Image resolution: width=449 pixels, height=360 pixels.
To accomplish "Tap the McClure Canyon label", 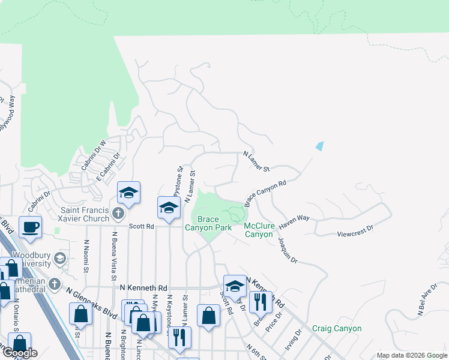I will [259, 230].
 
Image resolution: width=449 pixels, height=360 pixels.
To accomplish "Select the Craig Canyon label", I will [337, 328].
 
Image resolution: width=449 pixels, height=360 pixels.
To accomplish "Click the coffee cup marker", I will [29, 226].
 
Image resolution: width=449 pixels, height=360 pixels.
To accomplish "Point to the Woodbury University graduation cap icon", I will [59, 259].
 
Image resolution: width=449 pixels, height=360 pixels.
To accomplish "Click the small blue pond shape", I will [319, 146].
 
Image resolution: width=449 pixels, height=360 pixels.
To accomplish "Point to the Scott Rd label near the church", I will [142, 226].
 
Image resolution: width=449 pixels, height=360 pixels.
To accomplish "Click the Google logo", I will [20, 353].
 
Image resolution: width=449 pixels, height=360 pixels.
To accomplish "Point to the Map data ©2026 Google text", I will [412, 355].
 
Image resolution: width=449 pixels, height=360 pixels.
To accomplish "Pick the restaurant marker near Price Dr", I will [260, 302].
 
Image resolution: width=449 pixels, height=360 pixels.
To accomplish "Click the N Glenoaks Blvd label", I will [90, 305].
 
